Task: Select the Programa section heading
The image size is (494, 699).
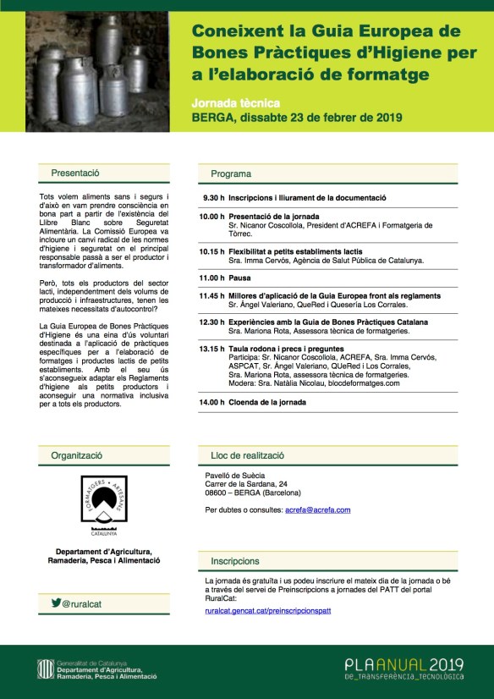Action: click(x=231, y=173)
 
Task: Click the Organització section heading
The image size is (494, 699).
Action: click(x=76, y=454)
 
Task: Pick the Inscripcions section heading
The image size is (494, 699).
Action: click(x=235, y=560)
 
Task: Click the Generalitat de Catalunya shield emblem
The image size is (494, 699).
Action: click(x=36, y=670)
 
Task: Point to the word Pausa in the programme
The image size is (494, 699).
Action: click(x=241, y=277)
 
